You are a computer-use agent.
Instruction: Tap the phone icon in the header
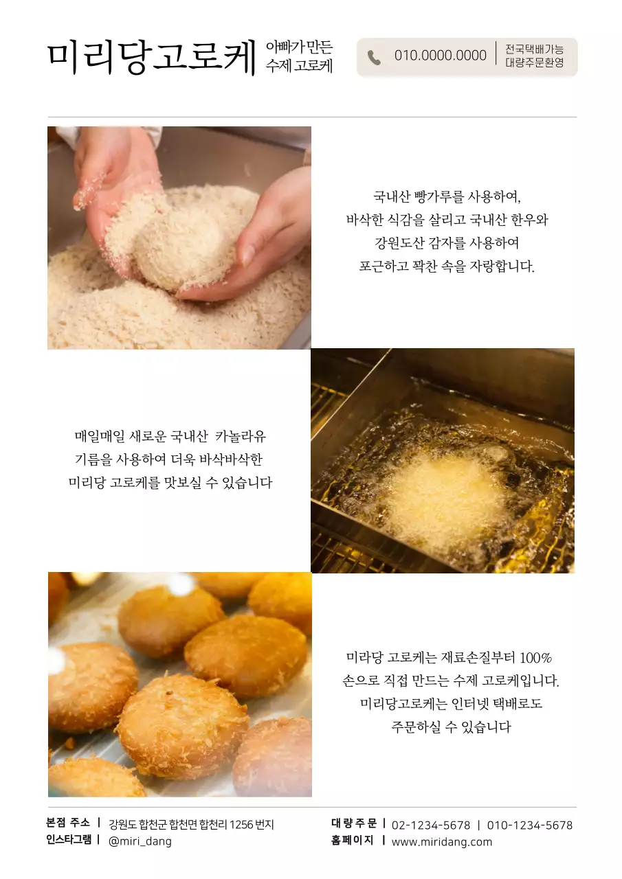[x=374, y=58]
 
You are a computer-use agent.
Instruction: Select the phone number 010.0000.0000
[x=440, y=56]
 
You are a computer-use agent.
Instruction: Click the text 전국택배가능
[x=534, y=49]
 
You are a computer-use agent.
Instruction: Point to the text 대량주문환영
[x=534, y=62]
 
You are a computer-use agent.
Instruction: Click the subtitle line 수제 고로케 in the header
[x=299, y=67]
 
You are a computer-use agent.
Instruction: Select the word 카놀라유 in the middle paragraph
[x=241, y=437]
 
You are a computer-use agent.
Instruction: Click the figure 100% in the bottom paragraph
[x=536, y=658]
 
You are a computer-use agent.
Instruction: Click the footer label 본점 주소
[x=68, y=823]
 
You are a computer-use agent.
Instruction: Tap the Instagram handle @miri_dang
[x=140, y=841]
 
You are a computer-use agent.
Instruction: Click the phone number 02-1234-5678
[x=431, y=825]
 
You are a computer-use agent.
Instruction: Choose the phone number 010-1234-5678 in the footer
[x=529, y=825]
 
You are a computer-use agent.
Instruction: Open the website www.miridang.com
[x=442, y=842]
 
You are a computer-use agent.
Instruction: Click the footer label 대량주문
[x=354, y=823]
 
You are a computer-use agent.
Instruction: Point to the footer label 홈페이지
[x=353, y=840]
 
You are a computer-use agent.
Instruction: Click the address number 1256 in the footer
[x=241, y=825]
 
